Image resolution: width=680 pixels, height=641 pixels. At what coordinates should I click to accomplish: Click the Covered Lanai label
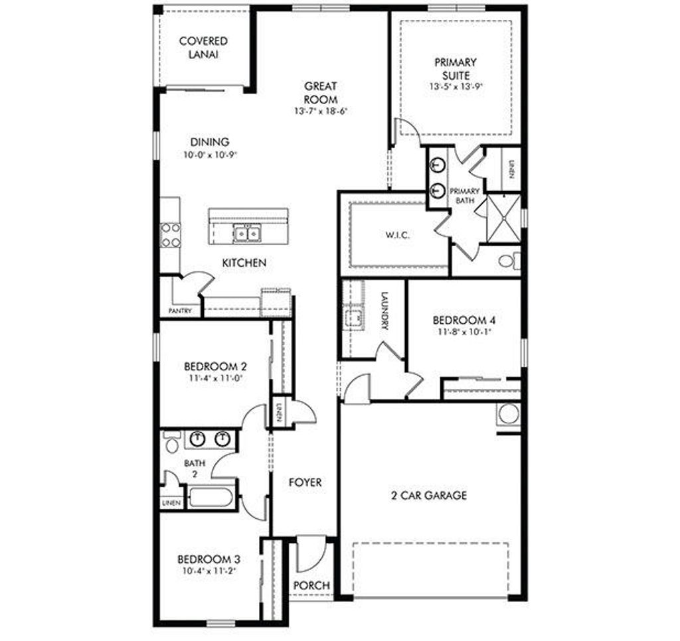click(203, 48)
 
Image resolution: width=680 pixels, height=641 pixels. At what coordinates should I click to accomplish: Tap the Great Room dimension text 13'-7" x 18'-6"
click(321, 111)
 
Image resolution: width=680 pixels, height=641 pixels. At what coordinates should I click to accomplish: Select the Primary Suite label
click(455, 68)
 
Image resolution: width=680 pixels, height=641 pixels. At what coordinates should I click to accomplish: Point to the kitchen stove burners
click(171, 234)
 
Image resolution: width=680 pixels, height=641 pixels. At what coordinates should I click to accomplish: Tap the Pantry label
click(180, 311)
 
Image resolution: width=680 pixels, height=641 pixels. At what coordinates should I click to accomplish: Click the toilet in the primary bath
click(508, 260)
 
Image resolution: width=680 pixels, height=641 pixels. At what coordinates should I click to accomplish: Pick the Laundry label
click(384, 312)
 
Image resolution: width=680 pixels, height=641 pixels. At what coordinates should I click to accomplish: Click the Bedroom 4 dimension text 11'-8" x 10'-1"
click(464, 332)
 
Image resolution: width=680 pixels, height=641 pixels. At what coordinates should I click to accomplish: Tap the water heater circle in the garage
click(509, 414)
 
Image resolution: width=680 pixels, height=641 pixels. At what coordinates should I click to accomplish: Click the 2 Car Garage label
click(428, 495)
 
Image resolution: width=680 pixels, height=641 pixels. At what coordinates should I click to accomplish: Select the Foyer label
click(305, 482)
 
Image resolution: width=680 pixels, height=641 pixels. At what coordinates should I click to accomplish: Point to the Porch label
click(311, 585)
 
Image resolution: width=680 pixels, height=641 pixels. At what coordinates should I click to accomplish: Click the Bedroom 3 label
click(209, 559)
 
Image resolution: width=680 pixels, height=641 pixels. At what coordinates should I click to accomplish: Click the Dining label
click(210, 142)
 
